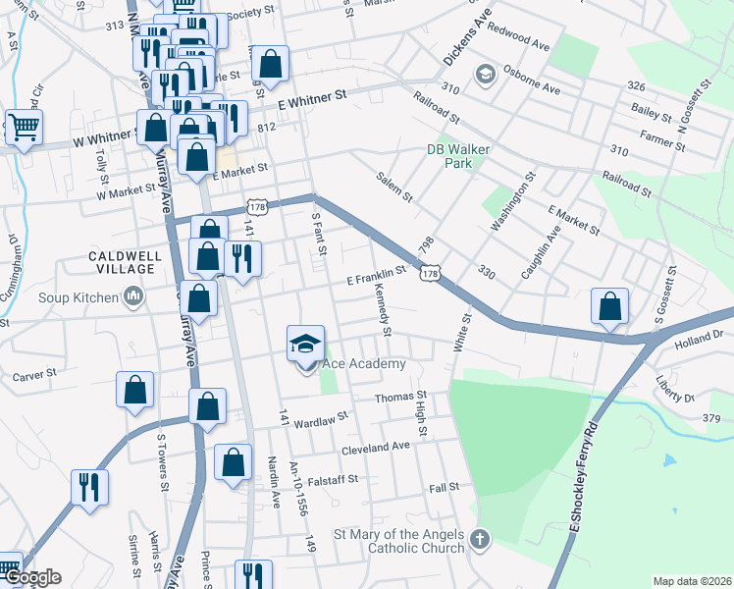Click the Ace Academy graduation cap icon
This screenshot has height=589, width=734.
click(x=305, y=344)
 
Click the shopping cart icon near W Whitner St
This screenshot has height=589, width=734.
click(x=24, y=126)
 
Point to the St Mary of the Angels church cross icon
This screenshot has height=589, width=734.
click(x=479, y=538)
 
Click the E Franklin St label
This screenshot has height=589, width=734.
click(x=377, y=277)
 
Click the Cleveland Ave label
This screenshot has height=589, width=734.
click(x=375, y=446)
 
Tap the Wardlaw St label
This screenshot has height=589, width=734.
click(x=321, y=416)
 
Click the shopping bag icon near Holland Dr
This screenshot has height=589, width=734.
click(x=609, y=306)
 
